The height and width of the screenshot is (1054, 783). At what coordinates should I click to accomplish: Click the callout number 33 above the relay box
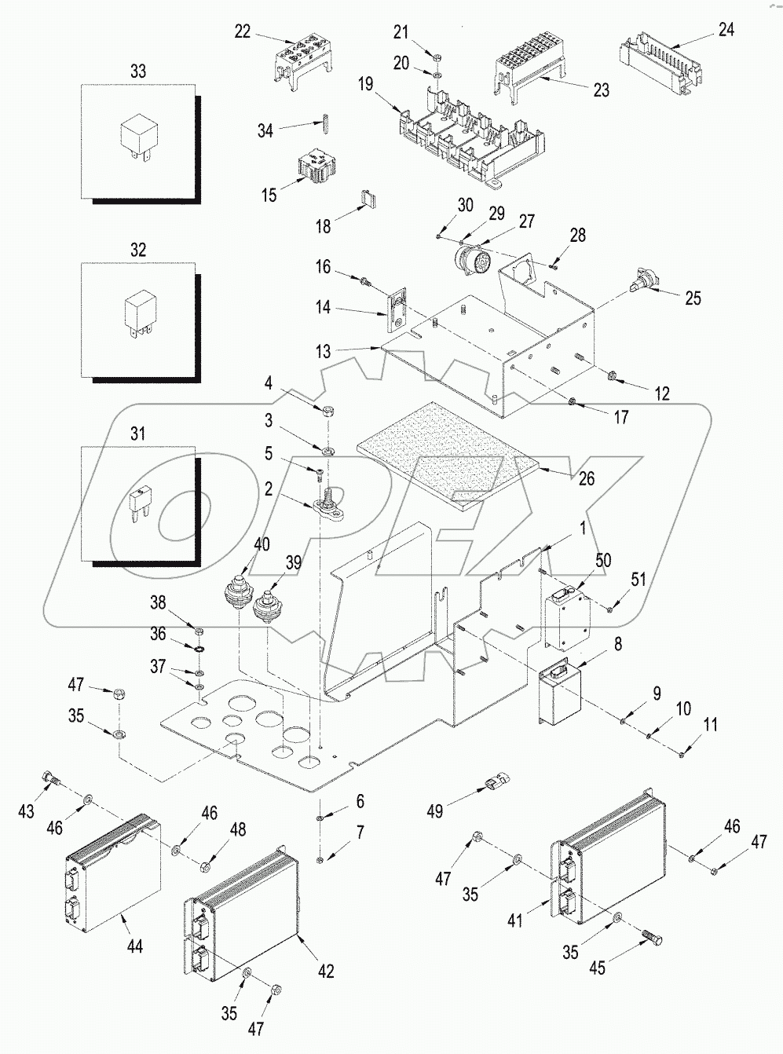click(x=137, y=71)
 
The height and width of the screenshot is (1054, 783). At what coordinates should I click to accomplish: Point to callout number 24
click(x=726, y=29)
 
